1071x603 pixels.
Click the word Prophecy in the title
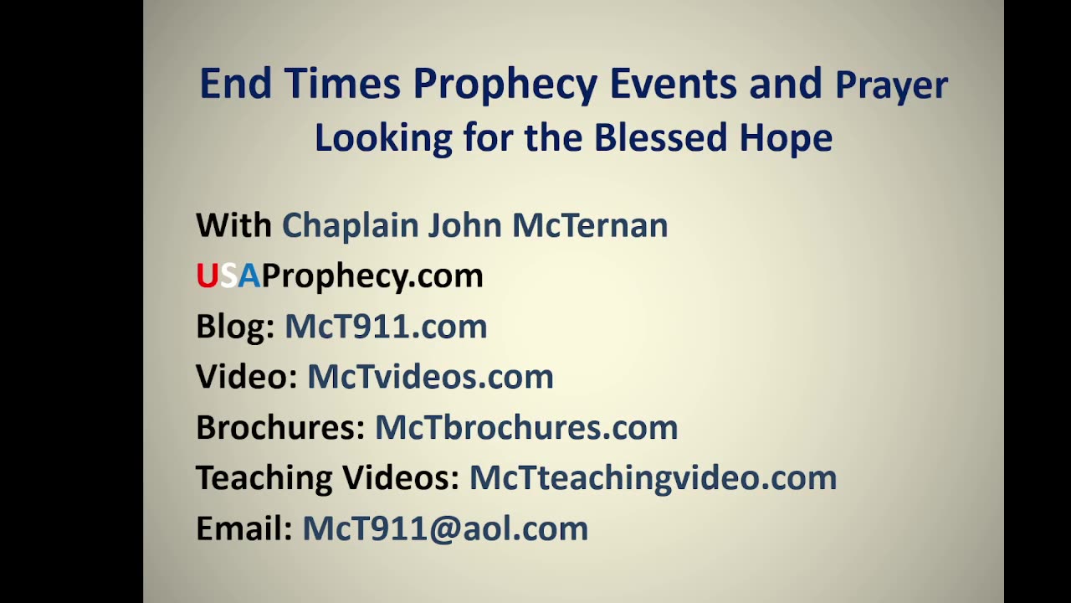pyautogui.click(x=505, y=85)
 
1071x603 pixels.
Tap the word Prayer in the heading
pyautogui.click(x=891, y=86)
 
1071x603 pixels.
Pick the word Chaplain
pyautogui.click(x=349, y=225)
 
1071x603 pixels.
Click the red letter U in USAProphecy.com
pyautogui.click(x=207, y=276)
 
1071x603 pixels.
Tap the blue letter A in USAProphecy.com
pyautogui.click(x=249, y=276)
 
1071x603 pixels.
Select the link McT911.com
pyautogui.click(x=386, y=326)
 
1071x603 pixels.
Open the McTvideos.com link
pyautogui.click(x=430, y=376)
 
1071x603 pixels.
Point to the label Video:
pyautogui.click(x=247, y=376)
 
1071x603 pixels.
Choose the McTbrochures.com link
pyautogui.click(x=525, y=427)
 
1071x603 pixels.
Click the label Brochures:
pyautogui.click(x=280, y=427)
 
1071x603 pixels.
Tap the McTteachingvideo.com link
pyautogui.click(x=653, y=477)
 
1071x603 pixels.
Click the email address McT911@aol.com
pyautogui.click(x=445, y=528)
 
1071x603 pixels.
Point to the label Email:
pyautogui.click(x=243, y=528)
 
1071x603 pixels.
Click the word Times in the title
pyautogui.click(x=343, y=84)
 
